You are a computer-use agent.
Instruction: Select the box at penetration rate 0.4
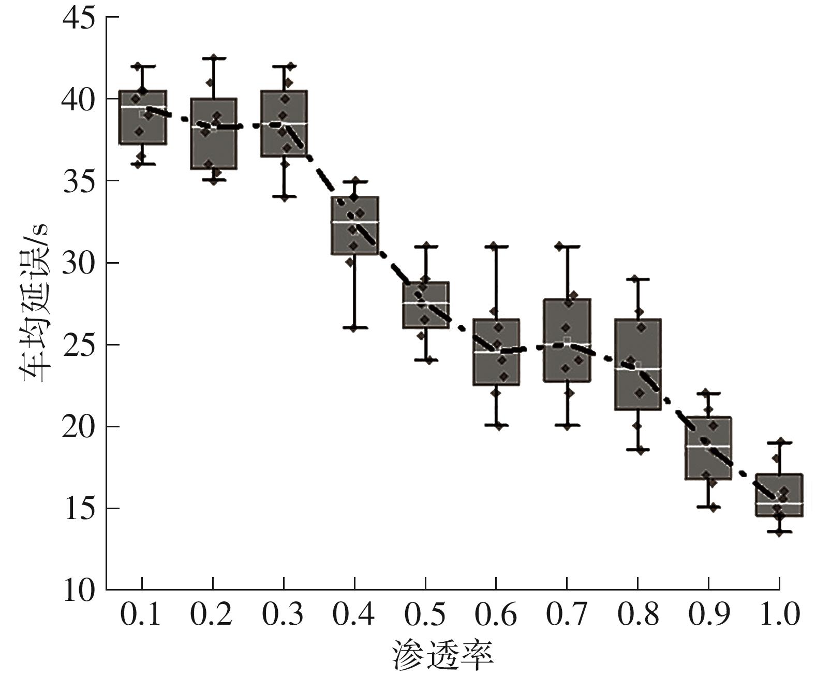(x=355, y=225)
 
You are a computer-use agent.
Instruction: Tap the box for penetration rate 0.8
(x=637, y=364)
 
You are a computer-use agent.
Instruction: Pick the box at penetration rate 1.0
(x=779, y=495)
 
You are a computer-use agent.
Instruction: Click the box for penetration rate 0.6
(x=496, y=352)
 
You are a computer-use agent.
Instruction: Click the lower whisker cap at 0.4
(x=355, y=327)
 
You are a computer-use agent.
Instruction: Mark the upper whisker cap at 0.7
(x=567, y=247)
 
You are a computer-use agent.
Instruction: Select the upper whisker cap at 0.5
(x=425, y=247)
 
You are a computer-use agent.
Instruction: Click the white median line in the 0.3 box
(x=284, y=123)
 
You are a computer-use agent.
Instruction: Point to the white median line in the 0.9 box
(x=708, y=446)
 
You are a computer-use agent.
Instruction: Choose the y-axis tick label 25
(x=79, y=344)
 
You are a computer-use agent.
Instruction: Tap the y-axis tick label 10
(x=79, y=590)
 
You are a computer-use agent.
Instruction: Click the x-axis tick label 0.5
(x=425, y=615)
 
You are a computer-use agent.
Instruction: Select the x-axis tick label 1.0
(x=779, y=615)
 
